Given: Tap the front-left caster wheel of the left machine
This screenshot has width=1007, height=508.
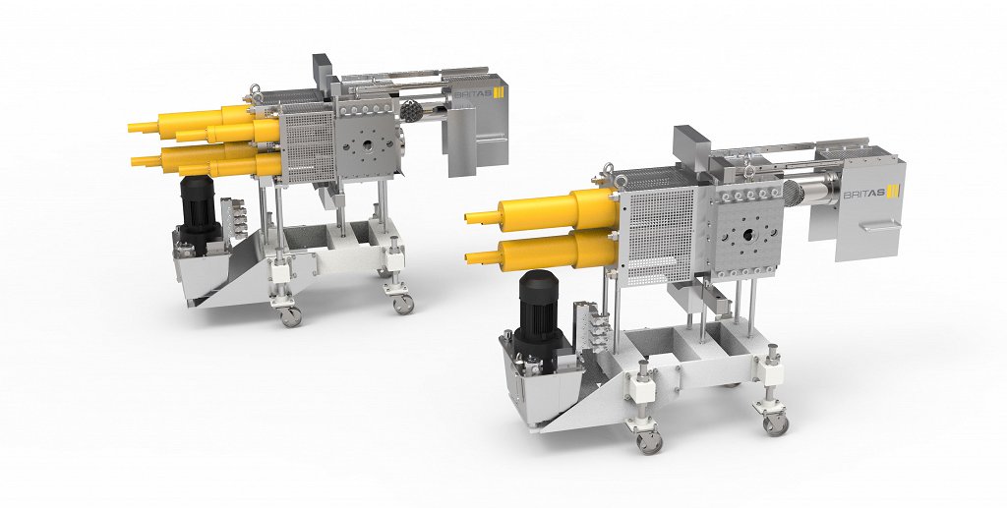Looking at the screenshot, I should [x=290, y=316].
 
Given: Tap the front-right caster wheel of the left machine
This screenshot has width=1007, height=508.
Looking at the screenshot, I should [x=403, y=304].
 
